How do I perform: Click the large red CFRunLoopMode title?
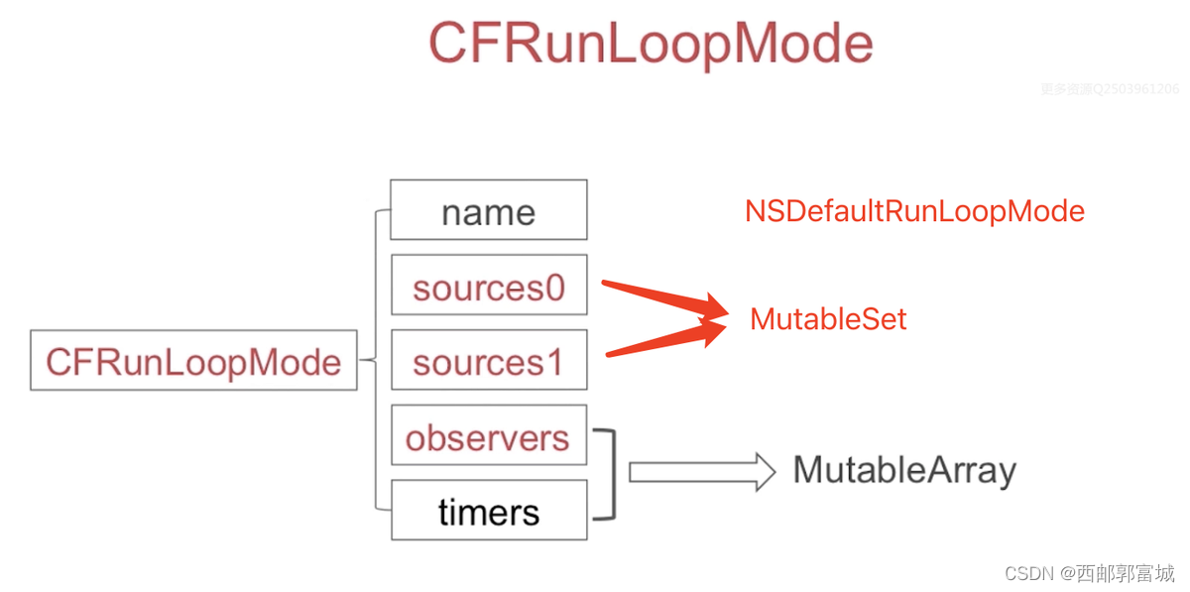[651, 45]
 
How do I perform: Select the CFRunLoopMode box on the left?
[193, 361]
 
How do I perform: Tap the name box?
[488, 210]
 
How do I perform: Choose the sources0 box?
[488, 287]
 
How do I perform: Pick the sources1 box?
[488, 362]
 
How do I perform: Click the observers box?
[488, 437]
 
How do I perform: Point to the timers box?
[488, 512]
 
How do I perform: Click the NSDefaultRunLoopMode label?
[914, 211]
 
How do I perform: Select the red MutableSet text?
[828, 319]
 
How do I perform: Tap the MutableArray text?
[904, 470]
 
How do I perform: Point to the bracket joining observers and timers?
[611, 474]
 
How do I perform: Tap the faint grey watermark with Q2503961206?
[1110, 89]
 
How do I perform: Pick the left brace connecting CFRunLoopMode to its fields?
[376, 360]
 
